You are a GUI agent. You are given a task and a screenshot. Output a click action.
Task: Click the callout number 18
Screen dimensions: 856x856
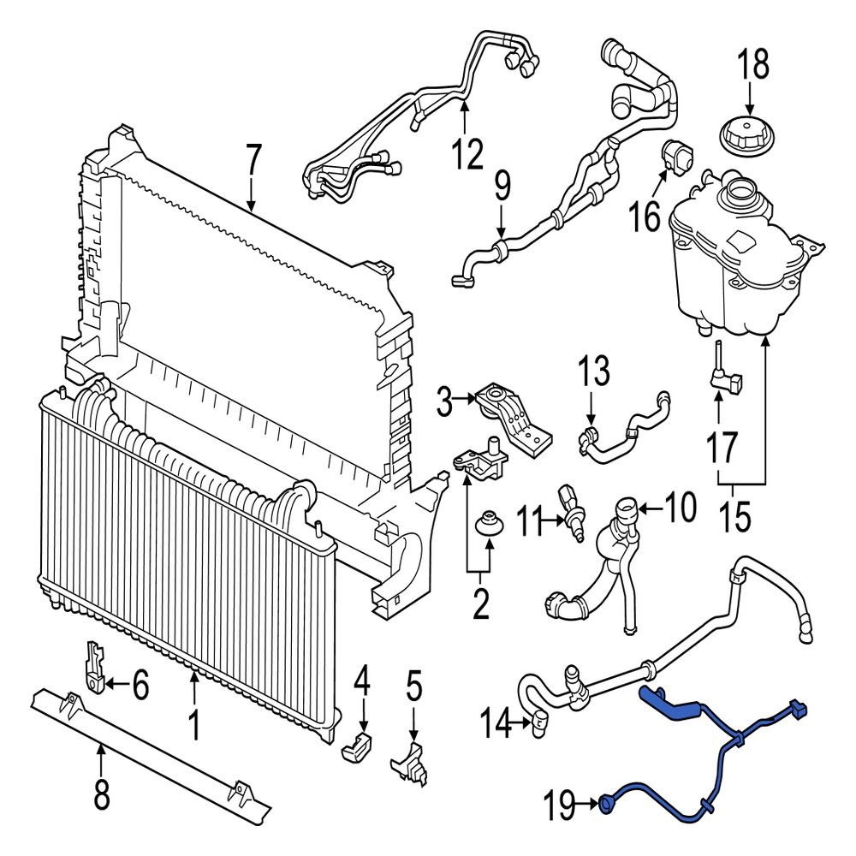754,65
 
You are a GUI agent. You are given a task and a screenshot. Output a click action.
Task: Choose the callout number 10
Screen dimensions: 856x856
680,508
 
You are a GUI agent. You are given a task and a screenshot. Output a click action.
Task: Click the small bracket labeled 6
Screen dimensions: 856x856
96,666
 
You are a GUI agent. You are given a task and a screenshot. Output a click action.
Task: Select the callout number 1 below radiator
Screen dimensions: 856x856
194,727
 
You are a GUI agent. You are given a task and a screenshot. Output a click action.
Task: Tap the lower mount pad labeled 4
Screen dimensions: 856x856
358,746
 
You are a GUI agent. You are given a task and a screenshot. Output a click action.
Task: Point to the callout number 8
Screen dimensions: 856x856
101,796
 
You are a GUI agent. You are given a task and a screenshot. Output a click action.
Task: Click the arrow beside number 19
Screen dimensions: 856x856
589,803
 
